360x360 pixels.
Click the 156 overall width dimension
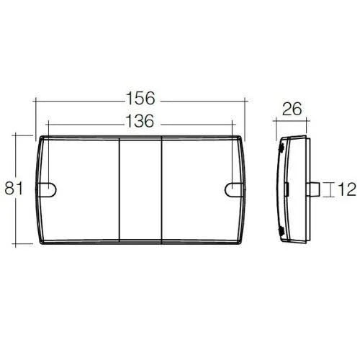click(x=140, y=98)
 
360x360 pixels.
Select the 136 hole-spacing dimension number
click(x=140, y=121)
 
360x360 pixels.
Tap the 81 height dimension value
click(x=14, y=188)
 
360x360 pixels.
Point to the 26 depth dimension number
click(x=292, y=109)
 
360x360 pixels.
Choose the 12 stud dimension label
click(x=347, y=189)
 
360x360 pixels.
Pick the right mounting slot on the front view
click(x=235, y=190)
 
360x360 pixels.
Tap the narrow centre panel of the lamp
click(x=140, y=190)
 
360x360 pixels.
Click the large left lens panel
click(x=81, y=190)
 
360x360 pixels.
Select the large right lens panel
click(x=201, y=190)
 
